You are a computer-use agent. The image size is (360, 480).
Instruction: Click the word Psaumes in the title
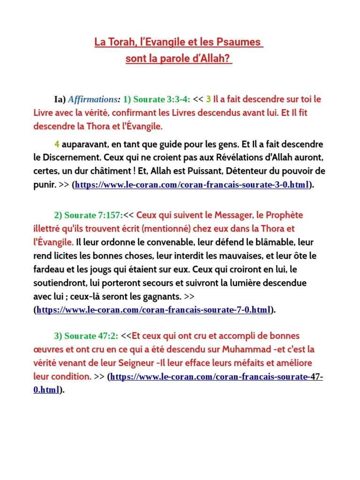pyautogui.click(x=240, y=42)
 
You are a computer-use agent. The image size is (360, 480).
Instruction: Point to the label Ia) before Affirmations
pyautogui.click(x=60, y=99)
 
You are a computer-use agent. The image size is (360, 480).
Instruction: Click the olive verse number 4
pyautogui.click(x=57, y=144)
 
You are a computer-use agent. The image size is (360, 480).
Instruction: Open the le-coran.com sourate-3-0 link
pyautogui.click(x=191, y=185)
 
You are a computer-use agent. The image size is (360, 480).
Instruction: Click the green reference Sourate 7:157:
pyautogui.click(x=89, y=215)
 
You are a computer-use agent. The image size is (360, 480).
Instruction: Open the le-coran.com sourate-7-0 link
pyautogui.click(x=153, y=310)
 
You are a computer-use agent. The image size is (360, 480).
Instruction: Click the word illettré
pyautogui.click(x=48, y=229)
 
